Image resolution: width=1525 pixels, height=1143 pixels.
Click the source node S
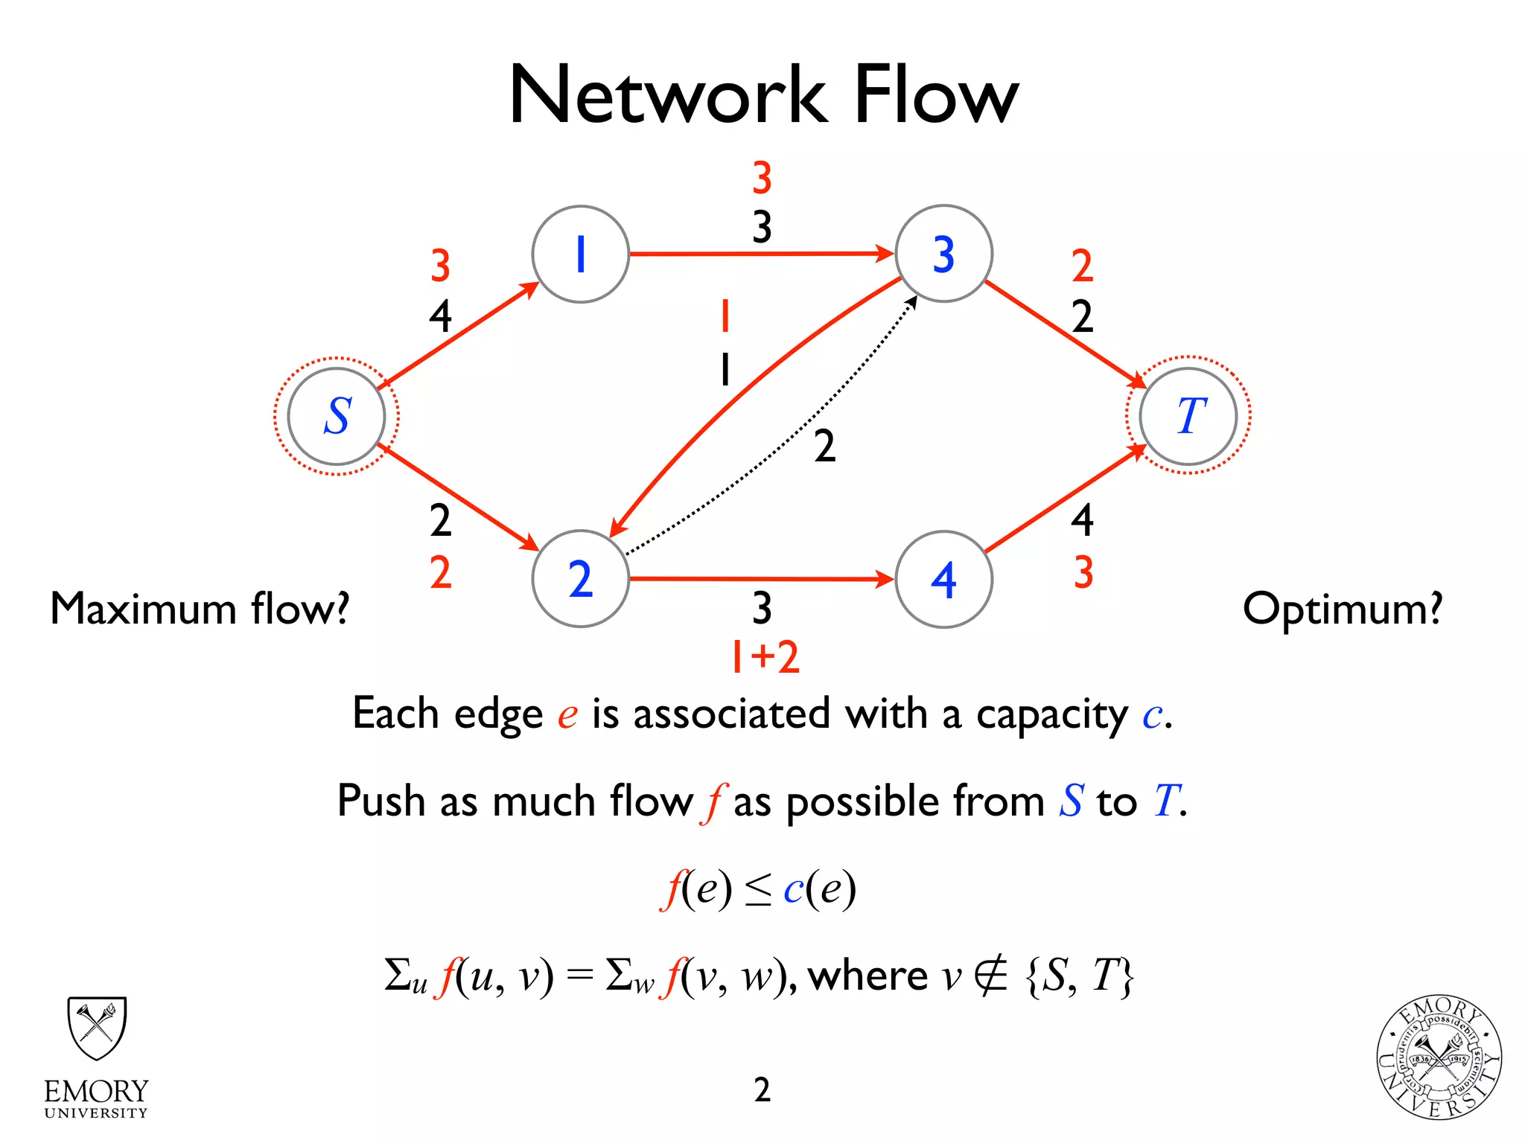coord(337,416)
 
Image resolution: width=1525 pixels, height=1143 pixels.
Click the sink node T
coord(1188,416)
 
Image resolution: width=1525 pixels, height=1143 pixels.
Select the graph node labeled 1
coord(580,254)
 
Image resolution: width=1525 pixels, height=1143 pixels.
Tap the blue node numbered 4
coord(943,579)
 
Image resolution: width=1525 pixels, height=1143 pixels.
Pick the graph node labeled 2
coord(580,579)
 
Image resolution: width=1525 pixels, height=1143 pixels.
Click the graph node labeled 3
coord(943,254)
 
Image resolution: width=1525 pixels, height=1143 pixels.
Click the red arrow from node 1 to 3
coord(760,254)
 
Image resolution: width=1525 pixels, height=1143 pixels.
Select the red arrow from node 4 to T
coord(1065,499)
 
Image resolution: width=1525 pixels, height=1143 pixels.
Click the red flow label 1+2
coord(765,656)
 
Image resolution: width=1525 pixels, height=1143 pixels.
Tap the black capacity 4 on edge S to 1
coord(440,316)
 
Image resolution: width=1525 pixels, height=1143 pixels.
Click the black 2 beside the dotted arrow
coord(824,446)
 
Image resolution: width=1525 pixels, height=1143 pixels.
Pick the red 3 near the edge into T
coord(1083,572)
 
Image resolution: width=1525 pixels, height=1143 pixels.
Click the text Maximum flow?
coord(200,609)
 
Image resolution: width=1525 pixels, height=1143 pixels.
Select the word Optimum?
coord(1342,609)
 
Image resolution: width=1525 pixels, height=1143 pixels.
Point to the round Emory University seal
coord(1438,1057)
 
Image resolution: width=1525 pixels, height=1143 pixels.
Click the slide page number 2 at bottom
coord(762,1089)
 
